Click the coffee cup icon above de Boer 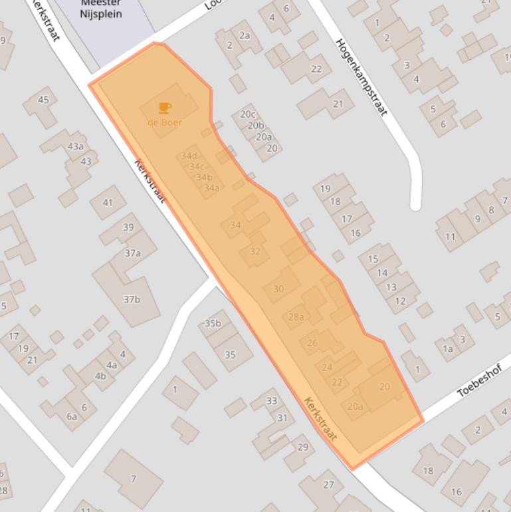[164, 107]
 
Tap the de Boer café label [164, 122]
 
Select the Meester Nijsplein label [101, 9]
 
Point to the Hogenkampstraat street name [361, 76]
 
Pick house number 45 [43, 100]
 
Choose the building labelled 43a [75, 146]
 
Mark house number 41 [108, 202]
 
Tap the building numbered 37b [132, 299]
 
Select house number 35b [213, 323]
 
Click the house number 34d [189, 156]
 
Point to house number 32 [255, 251]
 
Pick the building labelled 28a [296, 317]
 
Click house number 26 [312, 343]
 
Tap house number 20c [248, 114]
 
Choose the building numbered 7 [133, 478]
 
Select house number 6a [71, 417]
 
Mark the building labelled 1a [448, 348]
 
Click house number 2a [245, 36]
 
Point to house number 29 [303, 447]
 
